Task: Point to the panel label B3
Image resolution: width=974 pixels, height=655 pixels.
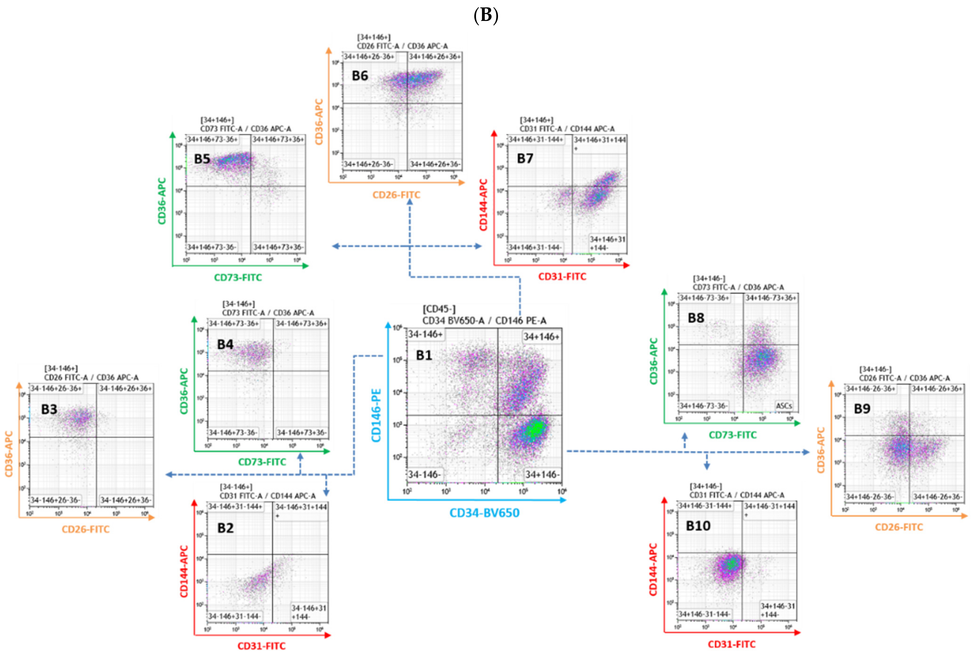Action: tap(49, 409)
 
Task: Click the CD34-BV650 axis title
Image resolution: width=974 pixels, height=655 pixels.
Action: tap(484, 513)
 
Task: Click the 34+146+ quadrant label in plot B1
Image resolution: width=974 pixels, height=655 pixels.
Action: tap(541, 337)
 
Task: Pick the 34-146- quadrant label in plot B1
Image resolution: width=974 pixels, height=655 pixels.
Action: tap(424, 475)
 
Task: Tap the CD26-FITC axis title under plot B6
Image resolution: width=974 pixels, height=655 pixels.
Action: tap(396, 195)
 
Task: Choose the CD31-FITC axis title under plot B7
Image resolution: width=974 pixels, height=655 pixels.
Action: tap(562, 277)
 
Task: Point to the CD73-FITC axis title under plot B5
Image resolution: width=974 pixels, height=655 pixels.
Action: tap(238, 277)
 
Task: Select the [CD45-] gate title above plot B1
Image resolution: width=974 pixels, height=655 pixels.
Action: tap(439, 309)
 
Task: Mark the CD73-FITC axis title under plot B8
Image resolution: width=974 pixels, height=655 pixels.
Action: tap(732, 435)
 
